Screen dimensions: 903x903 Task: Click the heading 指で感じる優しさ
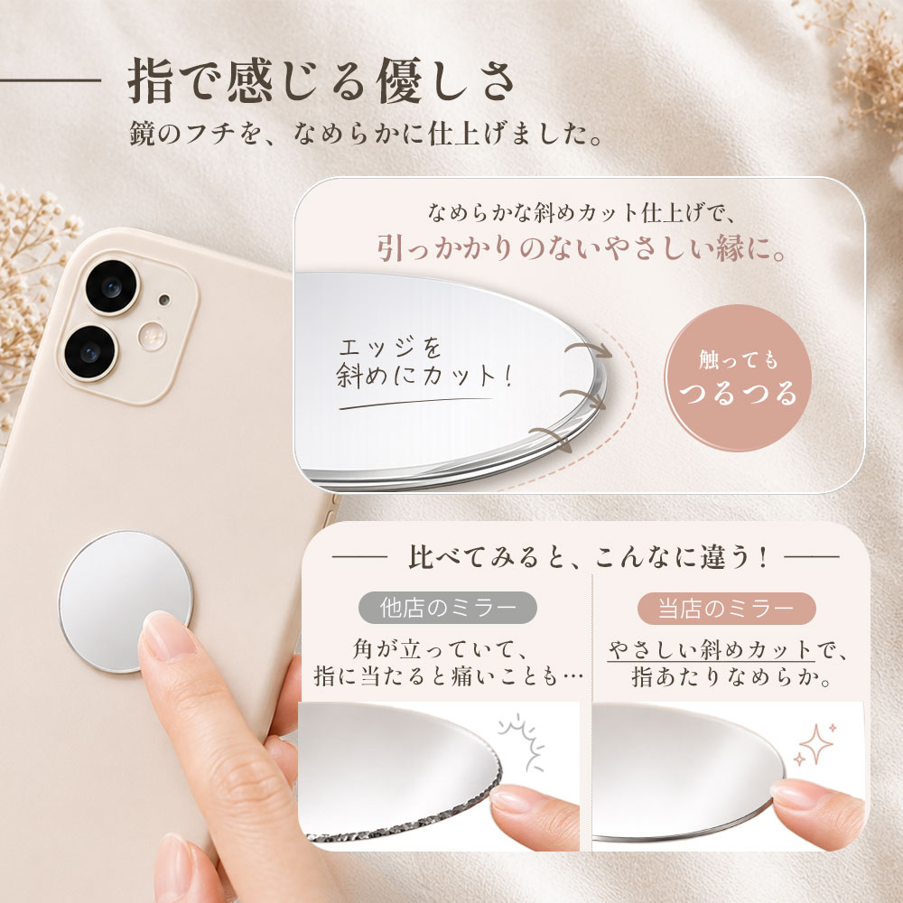coord(321,80)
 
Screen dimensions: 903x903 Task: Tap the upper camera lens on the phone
coord(112,287)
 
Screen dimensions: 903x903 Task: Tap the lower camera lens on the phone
coord(90,352)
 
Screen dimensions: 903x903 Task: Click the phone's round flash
coord(152,336)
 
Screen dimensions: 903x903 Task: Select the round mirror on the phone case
coord(126,601)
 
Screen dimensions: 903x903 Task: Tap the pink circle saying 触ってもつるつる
coord(738,377)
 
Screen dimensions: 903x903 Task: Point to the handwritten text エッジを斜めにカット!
coord(424,363)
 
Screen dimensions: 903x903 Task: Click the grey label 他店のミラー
coord(448,608)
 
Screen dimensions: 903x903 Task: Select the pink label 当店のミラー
coord(726,608)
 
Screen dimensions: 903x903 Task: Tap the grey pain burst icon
coord(522,742)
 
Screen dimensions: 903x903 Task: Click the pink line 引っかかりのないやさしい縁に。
coord(582,249)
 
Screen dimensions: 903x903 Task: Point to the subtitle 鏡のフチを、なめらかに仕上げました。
coord(366,134)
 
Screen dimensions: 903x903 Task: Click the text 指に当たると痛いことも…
coord(449,675)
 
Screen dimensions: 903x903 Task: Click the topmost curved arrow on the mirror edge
coord(588,349)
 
